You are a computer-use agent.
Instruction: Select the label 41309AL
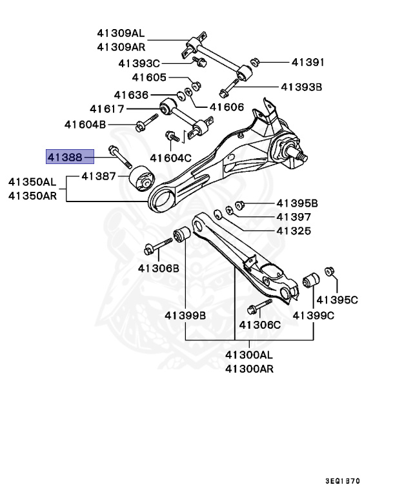click(x=121, y=33)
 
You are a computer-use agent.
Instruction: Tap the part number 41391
click(x=308, y=63)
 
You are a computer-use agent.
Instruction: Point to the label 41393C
click(x=139, y=63)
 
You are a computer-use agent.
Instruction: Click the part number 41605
click(x=149, y=77)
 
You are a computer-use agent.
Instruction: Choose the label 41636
click(x=131, y=95)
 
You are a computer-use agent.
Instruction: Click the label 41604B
click(x=85, y=124)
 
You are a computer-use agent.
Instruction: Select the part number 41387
click(x=98, y=176)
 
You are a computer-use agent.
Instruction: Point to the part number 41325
click(x=294, y=231)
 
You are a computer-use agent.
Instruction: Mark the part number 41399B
click(x=185, y=315)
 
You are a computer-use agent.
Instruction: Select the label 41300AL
click(x=249, y=355)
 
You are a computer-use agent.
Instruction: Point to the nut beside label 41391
click(x=254, y=63)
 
